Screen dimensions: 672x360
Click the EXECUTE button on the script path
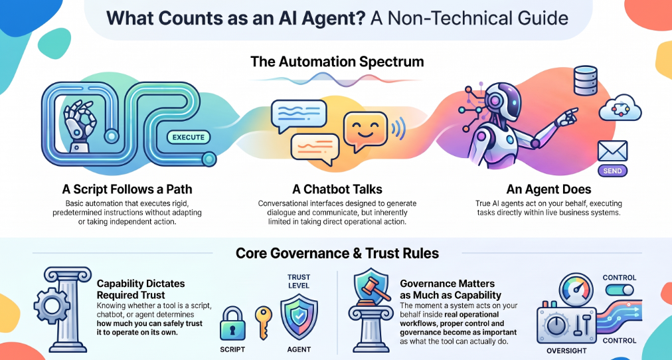point(189,137)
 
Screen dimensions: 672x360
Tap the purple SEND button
point(612,171)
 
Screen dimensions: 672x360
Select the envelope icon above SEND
point(612,150)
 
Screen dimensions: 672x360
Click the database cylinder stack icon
point(585,80)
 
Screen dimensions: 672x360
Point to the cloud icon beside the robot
point(620,110)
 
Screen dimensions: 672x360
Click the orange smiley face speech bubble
point(366,132)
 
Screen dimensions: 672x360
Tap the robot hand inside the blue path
point(79,124)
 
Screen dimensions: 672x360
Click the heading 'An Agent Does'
point(548,189)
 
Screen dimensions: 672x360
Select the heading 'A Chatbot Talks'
point(337,189)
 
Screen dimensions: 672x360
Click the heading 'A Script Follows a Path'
point(127,189)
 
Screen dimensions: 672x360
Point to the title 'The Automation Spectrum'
point(337,61)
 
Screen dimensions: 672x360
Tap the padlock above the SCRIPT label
point(232,323)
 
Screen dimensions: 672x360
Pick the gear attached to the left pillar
point(51,307)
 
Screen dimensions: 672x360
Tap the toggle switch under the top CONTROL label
point(620,290)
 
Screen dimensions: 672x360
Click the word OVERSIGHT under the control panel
point(566,351)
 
